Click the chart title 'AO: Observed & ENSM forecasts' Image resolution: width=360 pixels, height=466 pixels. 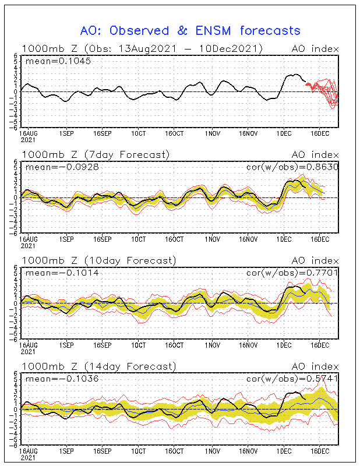[190, 31]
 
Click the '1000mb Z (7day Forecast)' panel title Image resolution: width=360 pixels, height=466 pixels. [96, 154]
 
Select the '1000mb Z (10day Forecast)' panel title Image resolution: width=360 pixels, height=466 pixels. [98, 260]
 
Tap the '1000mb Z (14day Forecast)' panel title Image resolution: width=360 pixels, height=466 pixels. [98, 366]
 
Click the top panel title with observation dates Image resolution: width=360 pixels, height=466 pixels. [142, 48]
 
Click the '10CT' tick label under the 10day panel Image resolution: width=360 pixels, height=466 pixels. [138, 345]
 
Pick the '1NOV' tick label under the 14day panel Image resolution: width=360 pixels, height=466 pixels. [212, 451]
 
